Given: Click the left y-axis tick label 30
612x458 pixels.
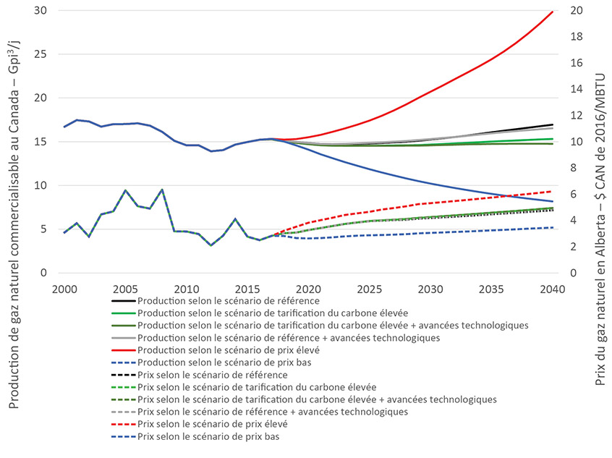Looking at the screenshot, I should click(x=48, y=11).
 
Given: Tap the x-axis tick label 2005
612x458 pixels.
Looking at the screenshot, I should click(x=125, y=288).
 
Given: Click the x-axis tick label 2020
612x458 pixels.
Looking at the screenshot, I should click(x=308, y=288).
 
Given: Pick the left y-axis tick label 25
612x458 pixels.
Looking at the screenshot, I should click(x=48, y=54).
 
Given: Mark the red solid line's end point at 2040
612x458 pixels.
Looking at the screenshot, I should click(x=553, y=12).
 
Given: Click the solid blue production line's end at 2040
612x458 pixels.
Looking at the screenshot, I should click(x=553, y=201).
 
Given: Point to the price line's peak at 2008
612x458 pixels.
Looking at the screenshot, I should click(x=162, y=190).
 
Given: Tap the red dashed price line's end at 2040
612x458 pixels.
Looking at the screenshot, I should click(x=553, y=192).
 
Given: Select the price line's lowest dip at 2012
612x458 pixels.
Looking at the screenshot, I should click(x=211, y=245).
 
